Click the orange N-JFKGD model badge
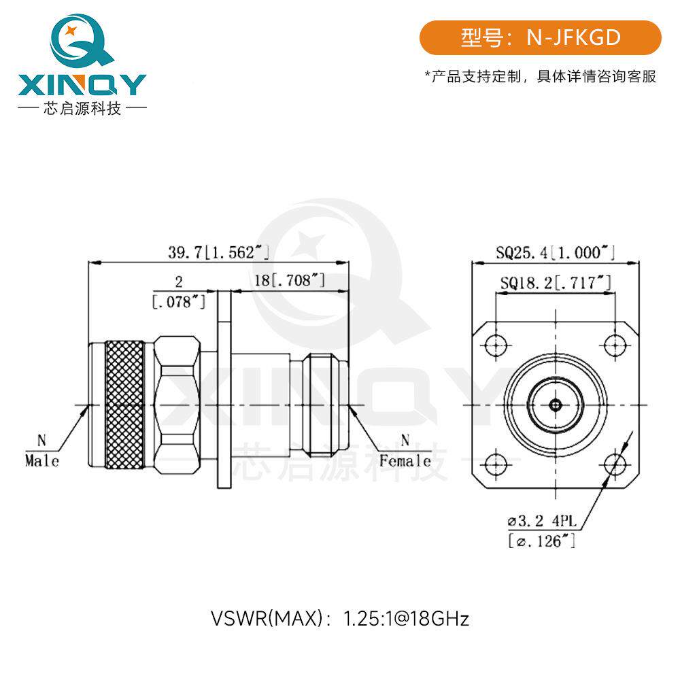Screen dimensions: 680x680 click(540, 37)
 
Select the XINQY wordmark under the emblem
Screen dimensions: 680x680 click(82, 84)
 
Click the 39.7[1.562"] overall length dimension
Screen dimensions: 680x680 click(218, 252)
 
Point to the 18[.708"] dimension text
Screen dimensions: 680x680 click(289, 280)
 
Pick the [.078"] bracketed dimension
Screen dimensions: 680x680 click(179, 301)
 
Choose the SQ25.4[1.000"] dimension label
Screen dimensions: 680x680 click(555, 252)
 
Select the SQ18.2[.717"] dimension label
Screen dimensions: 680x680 click(556, 283)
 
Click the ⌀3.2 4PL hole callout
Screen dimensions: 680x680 click(543, 520)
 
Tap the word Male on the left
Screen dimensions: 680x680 click(41, 460)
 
